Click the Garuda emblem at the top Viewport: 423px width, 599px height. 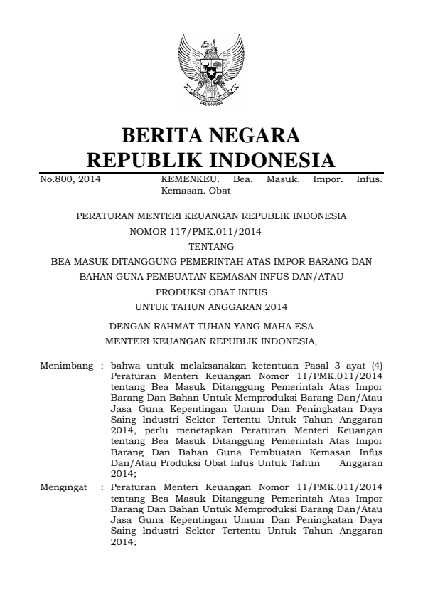(x=211, y=72)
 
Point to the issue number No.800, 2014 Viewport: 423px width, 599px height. (x=70, y=179)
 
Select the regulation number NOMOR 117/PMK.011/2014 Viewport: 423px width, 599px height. (x=211, y=230)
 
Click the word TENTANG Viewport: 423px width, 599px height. (x=211, y=246)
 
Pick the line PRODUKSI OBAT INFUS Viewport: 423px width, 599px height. (x=211, y=292)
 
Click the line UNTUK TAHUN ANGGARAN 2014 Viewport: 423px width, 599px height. (x=211, y=307)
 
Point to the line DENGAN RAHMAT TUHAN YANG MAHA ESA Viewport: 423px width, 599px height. (x=211, y=327)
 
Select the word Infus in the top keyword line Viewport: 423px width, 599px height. (x=369, y=179)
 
